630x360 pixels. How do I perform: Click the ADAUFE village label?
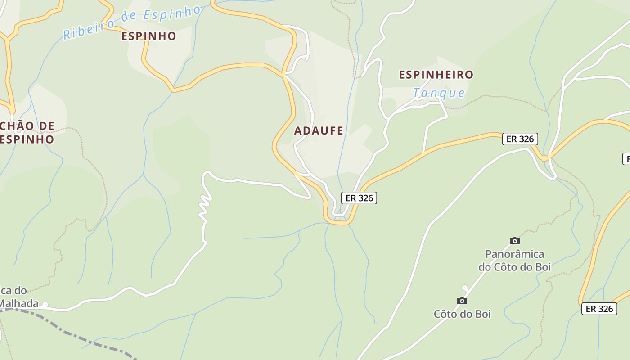[x=319, y=131]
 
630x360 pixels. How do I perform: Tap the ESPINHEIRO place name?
[x=436, y=75]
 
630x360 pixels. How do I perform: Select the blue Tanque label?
[x=439, y=93]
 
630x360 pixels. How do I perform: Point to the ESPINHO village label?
[x=148, y=36]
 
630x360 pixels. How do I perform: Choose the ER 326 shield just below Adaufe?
[x=359, y=198]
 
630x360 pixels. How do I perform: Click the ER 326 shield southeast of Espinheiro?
[x=520, y=139]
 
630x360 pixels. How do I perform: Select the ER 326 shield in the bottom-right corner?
[x=599, y=309]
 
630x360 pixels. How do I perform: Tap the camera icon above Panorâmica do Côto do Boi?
[x=515, y=241]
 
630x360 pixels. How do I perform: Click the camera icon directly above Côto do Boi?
[x=462, y=301]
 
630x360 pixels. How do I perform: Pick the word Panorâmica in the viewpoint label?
[x=514, y=254]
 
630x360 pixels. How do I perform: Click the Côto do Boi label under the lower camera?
[x=462, y=314]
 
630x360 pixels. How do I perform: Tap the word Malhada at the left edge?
[x=19, y=303]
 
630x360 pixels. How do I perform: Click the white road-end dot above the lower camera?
[x=465, y=288]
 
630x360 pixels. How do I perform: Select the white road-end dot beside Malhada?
[x=45, y=305]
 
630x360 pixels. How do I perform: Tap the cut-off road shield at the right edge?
[x=626, y=159]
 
